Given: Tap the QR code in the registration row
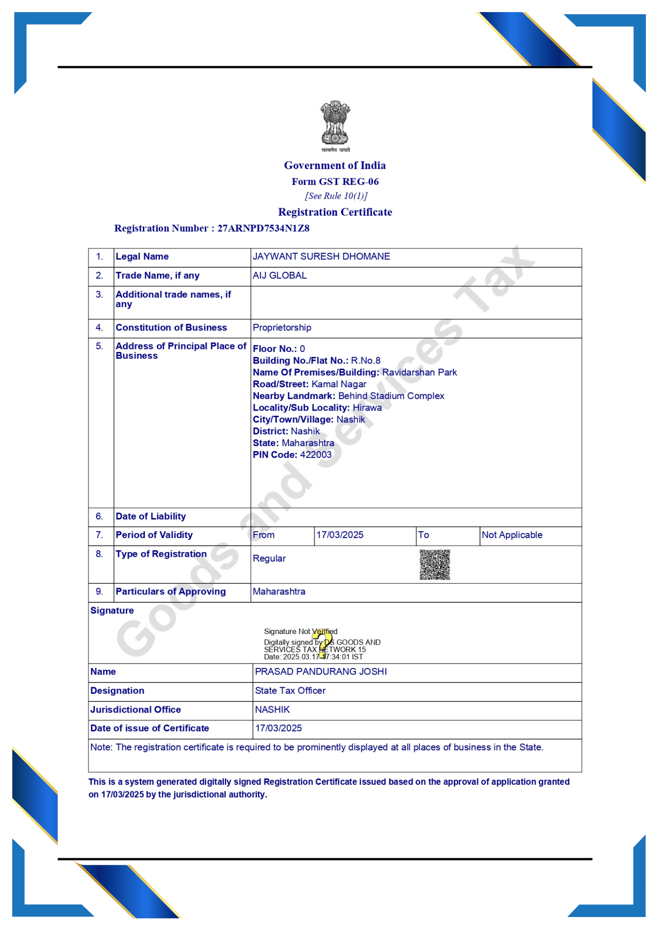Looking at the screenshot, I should (x=435, y=565).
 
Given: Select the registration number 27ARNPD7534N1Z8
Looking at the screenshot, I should (x=263, y=228).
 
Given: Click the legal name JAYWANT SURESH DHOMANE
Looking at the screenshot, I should (x=321, y=256).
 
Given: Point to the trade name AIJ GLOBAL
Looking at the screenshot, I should (x=280, y=276).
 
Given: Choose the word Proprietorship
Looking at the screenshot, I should (x=282, y=328).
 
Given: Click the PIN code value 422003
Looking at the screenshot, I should (x=316, y=455).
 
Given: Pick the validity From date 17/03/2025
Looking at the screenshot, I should (x=340, y=535).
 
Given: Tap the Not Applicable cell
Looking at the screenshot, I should (x=512, y=535).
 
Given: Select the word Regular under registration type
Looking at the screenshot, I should (x=269, y=559).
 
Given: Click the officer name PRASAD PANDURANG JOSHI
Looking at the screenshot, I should (x=321, y=672).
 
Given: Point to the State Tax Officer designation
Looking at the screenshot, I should (x=290, y=691).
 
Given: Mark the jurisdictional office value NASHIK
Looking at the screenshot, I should (x=272, y=710).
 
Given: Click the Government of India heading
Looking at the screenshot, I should (x=335, y=166).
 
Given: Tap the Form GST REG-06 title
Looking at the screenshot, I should (x=335, y=182).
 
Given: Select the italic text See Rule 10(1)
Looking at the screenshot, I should (x=336, y=196).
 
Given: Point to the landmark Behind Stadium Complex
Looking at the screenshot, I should (x=391, y=396).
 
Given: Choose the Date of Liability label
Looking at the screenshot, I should (x=151, y=516).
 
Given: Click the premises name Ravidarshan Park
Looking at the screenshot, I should (x=419, y=372).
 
